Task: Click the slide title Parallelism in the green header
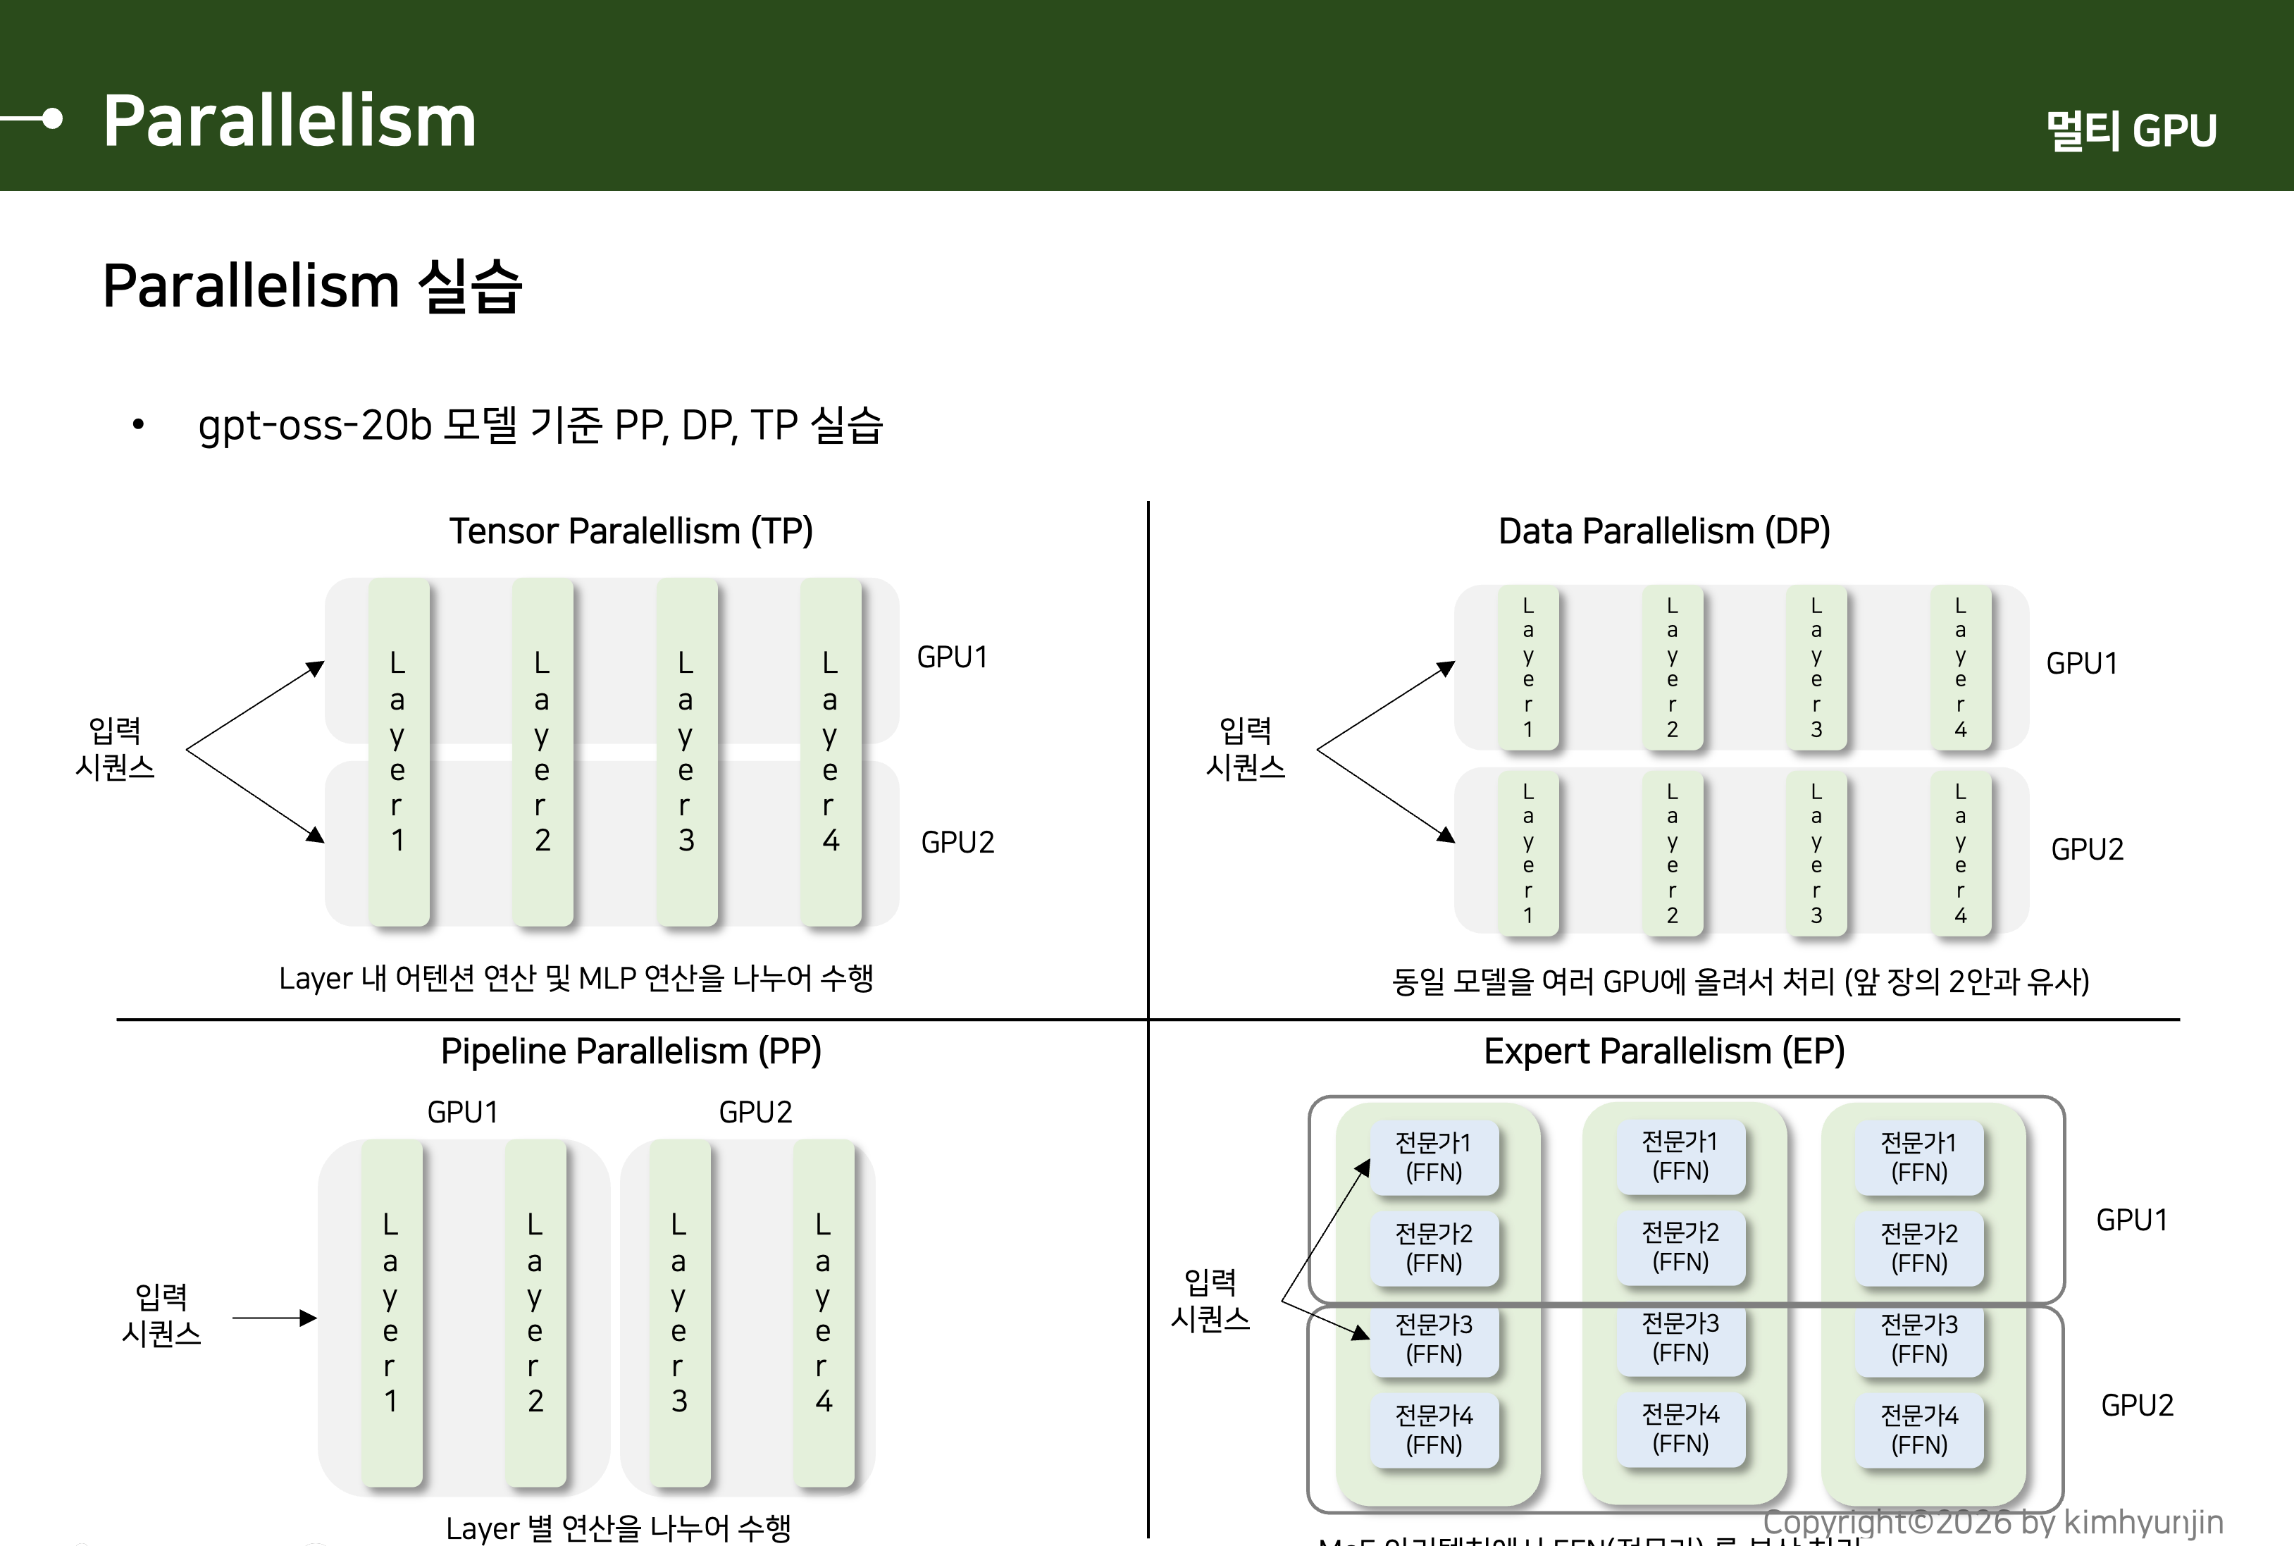289,120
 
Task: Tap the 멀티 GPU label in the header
2131,130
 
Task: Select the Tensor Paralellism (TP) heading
631,531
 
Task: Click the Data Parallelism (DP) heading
1664,531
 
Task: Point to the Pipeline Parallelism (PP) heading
631,1051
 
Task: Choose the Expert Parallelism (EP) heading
1664,1051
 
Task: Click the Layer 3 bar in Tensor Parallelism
686,751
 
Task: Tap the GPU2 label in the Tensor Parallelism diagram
957,842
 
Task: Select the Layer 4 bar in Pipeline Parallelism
823,1312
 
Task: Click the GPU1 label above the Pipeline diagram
462,1112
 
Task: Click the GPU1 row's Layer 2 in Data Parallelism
1672,667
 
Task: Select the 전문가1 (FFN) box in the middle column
1680,1156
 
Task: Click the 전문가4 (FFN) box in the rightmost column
1918,1430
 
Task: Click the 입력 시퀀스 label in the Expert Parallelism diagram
1210,1299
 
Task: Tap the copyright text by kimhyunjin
1992,1522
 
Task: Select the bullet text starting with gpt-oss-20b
540,425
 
